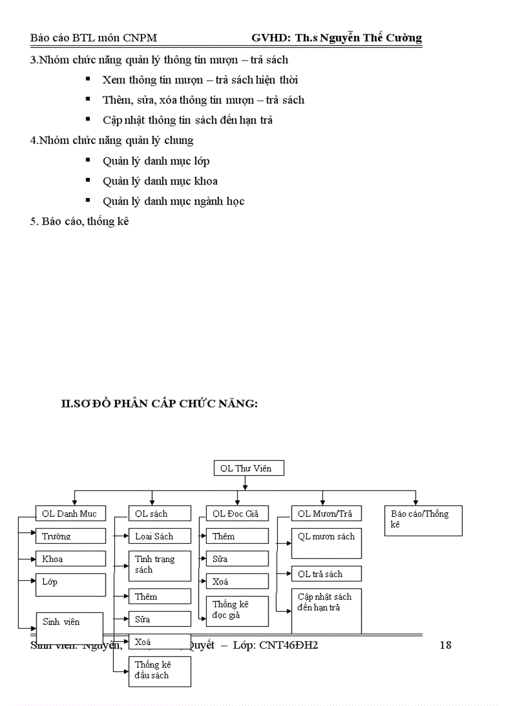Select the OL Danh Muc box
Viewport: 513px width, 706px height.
70,514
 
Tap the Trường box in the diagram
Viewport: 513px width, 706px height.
70,536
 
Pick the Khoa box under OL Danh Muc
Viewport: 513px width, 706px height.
70,559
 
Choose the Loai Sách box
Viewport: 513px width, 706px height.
160,536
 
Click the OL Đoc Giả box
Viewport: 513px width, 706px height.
237,514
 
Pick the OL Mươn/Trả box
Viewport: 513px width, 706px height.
326,514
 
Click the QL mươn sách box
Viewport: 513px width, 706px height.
326,543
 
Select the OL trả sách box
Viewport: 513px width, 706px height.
326,574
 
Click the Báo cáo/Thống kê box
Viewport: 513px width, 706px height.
423,521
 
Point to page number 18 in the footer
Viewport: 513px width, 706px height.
445,645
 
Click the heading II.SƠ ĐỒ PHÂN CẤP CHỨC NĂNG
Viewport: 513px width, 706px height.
159,404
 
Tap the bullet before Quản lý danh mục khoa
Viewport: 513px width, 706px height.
89,180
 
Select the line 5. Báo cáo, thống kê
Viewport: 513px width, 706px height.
79,221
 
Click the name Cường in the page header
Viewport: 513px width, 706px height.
402,38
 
